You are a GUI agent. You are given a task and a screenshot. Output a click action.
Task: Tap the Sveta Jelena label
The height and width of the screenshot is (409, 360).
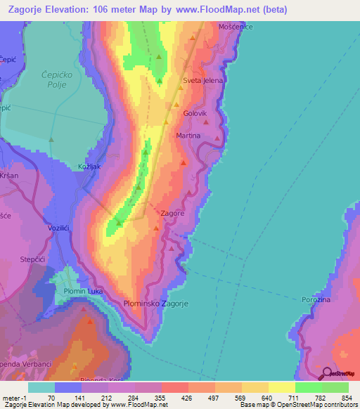(202, 81)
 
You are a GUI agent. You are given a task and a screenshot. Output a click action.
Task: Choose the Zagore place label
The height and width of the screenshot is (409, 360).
(173, 213)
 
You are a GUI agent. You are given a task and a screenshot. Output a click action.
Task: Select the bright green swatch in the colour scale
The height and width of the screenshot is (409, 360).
(309, 387)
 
